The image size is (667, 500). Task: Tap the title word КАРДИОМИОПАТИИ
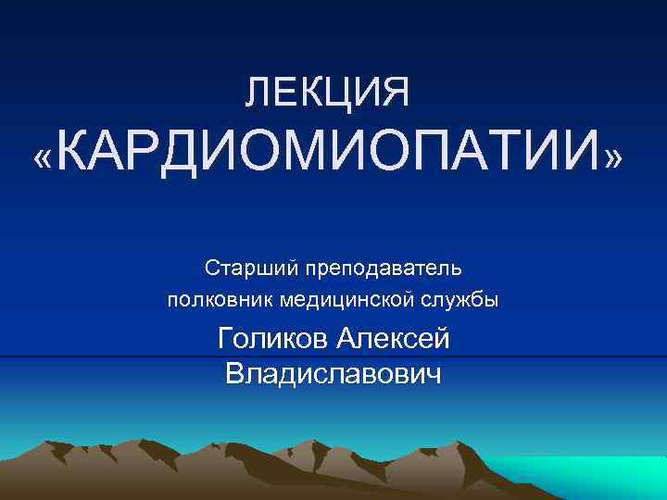click(333, 158)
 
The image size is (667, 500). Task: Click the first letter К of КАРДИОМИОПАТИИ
click(78, 158)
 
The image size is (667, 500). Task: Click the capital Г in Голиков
click(226, 340)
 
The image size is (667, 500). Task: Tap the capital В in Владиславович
click(235, 374)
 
